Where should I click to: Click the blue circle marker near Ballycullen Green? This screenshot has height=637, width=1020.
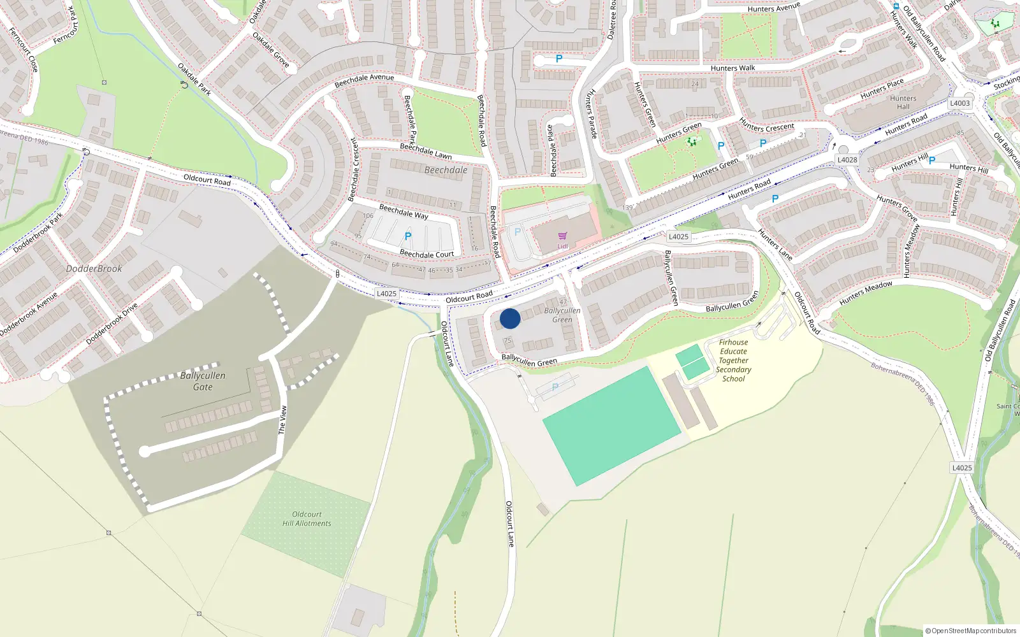(510, 318)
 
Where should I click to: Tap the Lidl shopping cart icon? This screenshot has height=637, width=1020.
(562, 236)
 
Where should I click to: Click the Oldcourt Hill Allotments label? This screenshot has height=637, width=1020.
(307, 519)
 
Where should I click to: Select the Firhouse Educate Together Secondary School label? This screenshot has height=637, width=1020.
(734, 360)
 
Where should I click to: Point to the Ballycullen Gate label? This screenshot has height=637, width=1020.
(203, 381)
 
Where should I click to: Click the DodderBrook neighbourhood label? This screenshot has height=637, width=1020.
(94, 269)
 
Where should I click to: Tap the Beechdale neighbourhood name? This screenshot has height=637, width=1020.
(446, 170)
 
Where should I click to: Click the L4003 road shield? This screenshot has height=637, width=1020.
(959, 103)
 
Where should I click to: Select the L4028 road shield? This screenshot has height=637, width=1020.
(847, 160)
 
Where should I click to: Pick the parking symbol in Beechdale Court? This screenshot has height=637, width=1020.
(408, 236)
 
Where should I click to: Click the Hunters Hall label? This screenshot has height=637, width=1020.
(903, 103)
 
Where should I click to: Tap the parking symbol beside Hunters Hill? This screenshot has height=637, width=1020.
(932, 161)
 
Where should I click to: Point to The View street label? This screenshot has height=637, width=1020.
(282, 420)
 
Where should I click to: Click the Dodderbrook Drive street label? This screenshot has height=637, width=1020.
(112, 324)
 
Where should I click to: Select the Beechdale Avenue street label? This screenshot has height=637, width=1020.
(365, 80)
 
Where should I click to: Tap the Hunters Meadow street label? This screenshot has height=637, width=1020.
(866, 293)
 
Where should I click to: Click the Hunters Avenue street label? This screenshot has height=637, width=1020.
(773, 8)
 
